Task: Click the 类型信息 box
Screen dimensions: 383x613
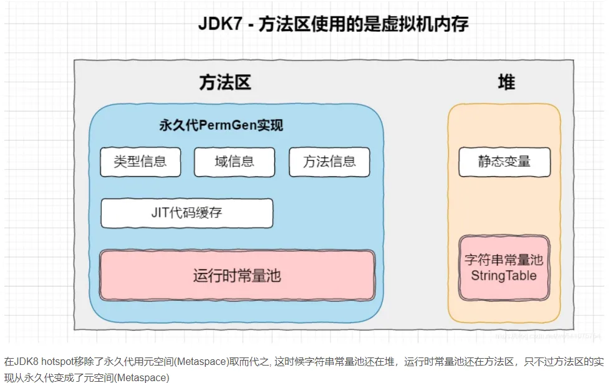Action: tap(140, 162)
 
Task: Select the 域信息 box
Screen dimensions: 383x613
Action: tap(234, 162)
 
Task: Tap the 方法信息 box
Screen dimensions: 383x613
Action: tap(329, 162)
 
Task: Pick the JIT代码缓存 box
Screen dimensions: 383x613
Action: tap(186, 213)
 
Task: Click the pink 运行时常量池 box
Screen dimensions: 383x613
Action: tap(237, 275)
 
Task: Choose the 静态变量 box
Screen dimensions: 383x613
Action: tap(504, 162)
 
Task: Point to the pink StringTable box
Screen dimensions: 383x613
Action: tap(504, 268)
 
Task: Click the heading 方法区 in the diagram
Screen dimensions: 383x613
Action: tap(225, 83)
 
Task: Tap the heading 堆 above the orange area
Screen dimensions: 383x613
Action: tap(506, 83)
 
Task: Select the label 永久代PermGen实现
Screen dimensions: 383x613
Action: tap(221, 126)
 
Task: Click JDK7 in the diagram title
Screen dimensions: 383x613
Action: tap(219, 24)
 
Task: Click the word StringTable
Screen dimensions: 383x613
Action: tap(504, 276)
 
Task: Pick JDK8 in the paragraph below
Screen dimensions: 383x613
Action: tap(26, 361)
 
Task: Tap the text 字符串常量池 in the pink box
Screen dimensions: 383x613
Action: tap(504, 260)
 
